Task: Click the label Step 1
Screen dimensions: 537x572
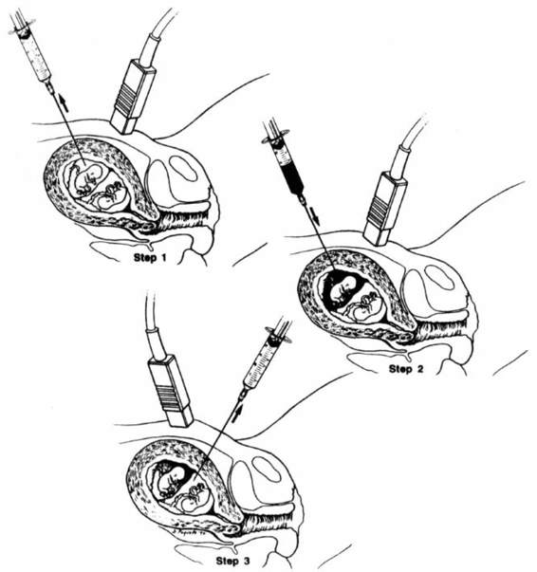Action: pos(150,258)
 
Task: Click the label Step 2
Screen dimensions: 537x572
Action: pos(406,369)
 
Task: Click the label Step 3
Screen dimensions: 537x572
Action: pos(233,561)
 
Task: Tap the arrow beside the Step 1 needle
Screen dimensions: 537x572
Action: pos(65,102)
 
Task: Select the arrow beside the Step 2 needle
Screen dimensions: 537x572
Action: pos(315,216)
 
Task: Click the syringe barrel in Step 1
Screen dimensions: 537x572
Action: pos(34,57)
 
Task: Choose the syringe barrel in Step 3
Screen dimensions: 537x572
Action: pos(259,366)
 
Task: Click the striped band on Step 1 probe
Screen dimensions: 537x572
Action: pos(126,97)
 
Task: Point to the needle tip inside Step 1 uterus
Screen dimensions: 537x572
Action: pos(85,165)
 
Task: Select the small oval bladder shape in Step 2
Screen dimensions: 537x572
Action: pos(439,278)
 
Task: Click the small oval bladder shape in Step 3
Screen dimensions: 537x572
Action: pos(267,470)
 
